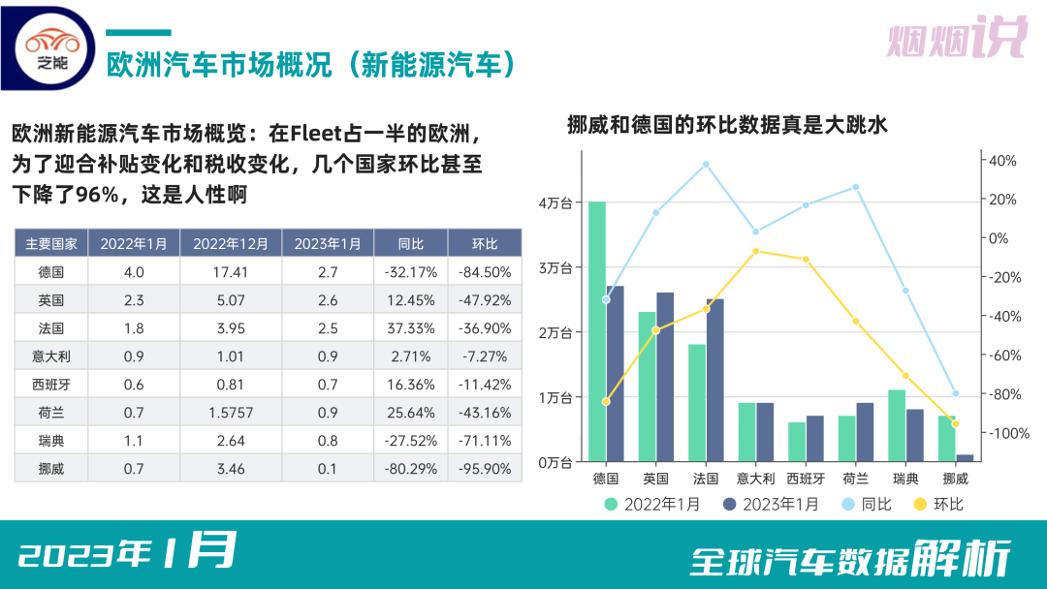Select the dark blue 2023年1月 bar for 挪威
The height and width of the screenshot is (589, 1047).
click(965, 457)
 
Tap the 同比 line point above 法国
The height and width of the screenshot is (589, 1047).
click(706, 165)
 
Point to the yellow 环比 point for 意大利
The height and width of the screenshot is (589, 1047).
click(755, 251)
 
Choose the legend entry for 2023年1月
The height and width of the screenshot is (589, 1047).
click(771, 504)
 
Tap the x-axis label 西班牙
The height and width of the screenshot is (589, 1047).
click(805, 479)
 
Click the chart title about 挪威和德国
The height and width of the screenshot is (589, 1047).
click(727, 125)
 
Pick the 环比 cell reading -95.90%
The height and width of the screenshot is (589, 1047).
click(485, 469)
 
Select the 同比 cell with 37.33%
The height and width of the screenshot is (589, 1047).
click(411, 328)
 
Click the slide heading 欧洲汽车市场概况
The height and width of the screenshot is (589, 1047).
click(310, 65)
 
